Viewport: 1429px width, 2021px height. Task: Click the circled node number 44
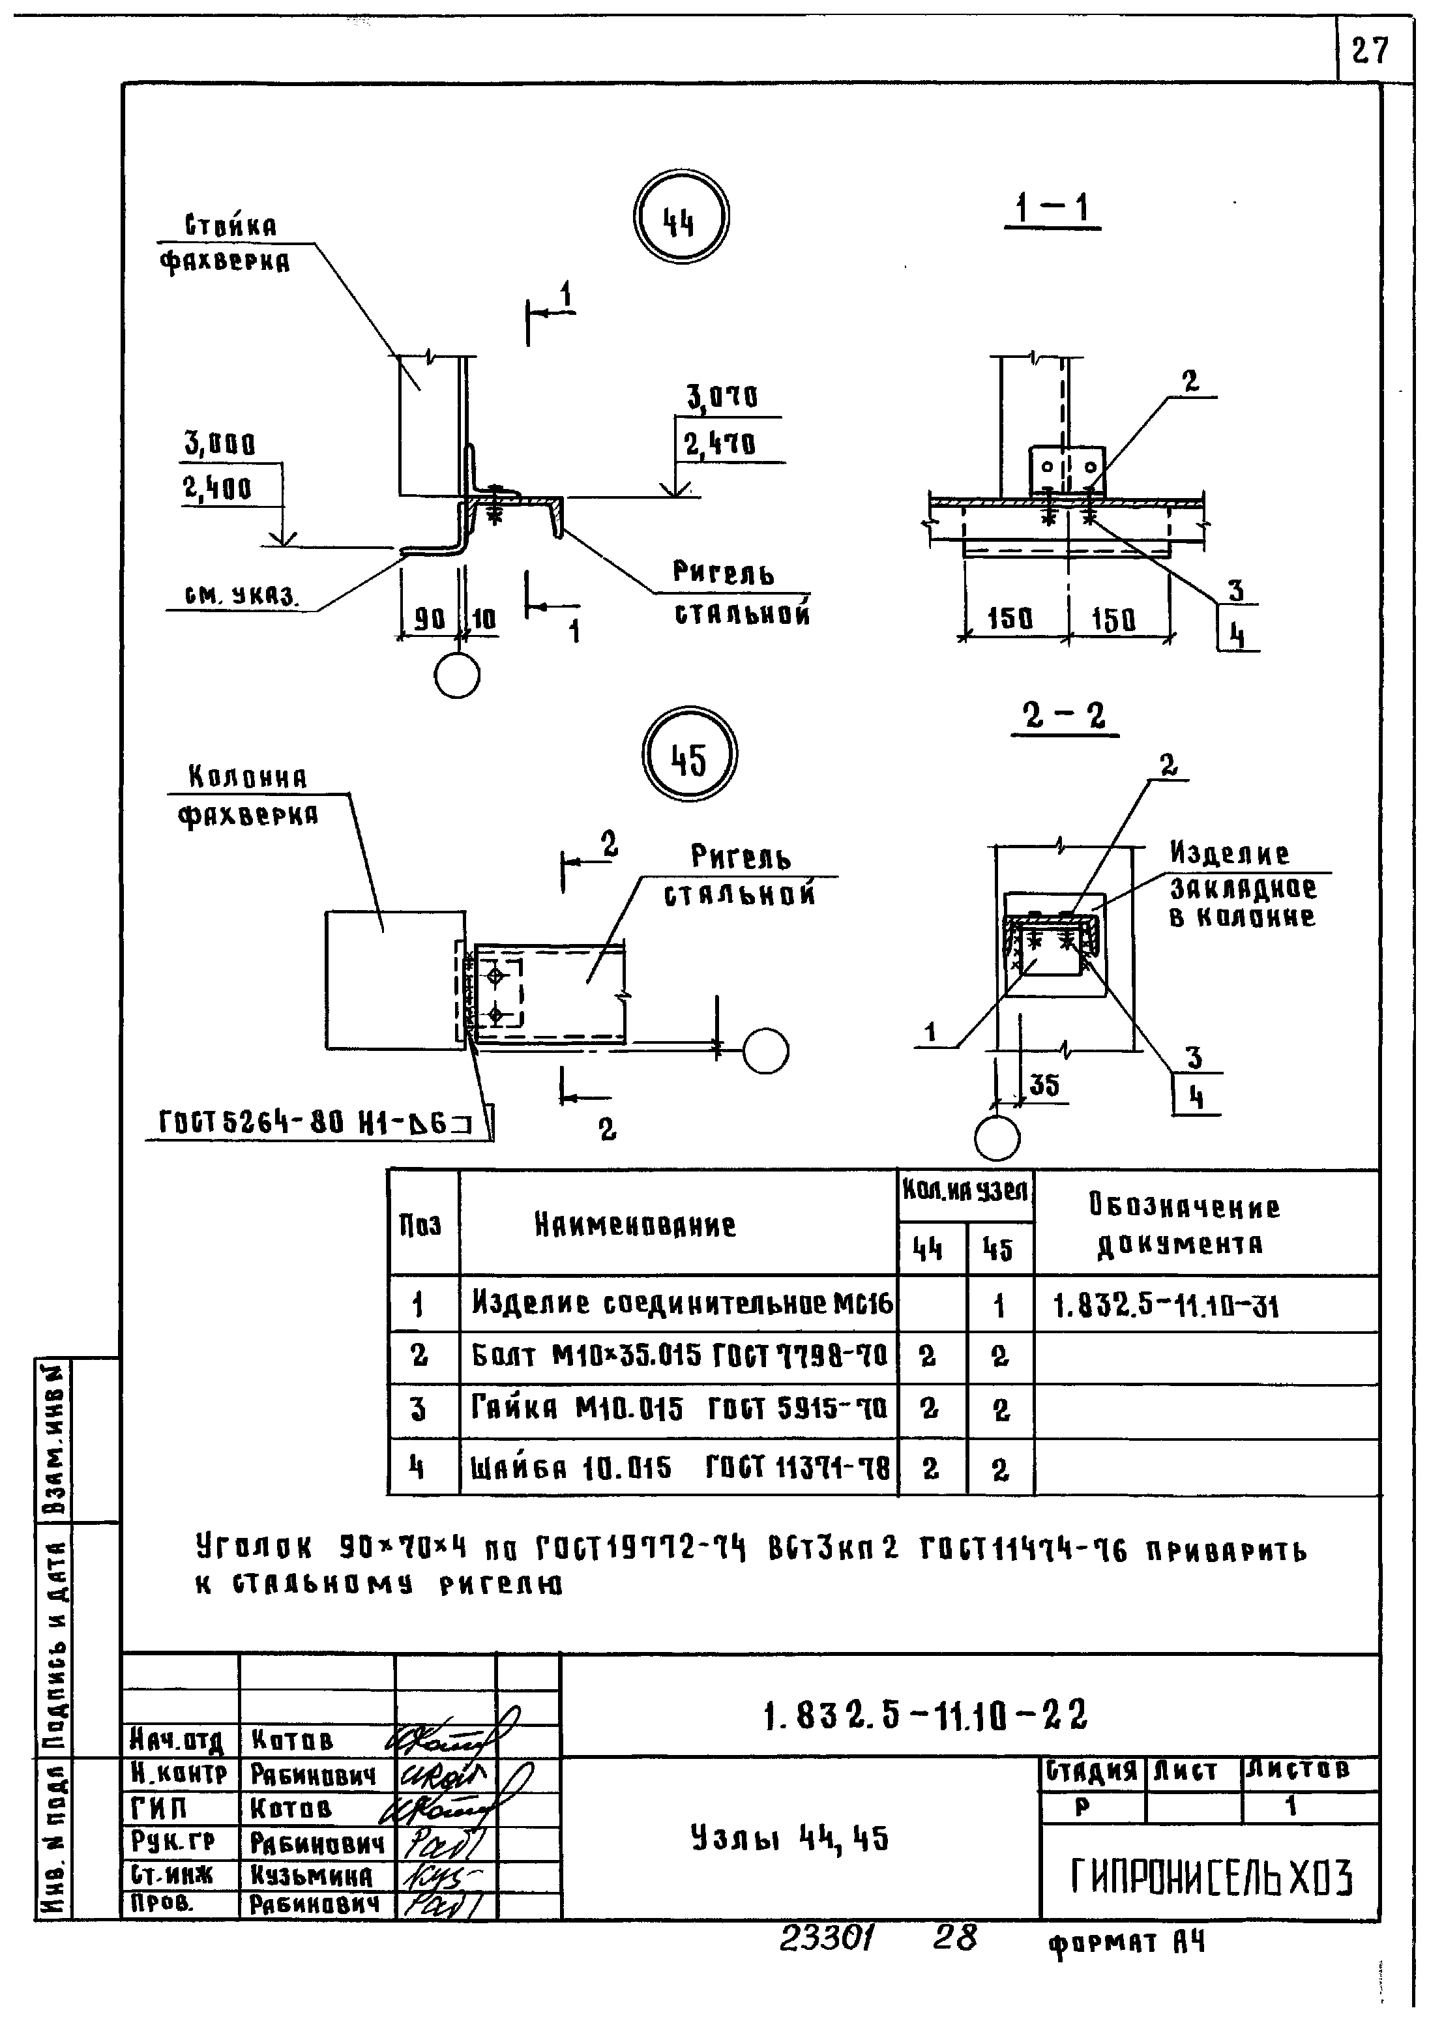pyautogui.click(x=680, y=217)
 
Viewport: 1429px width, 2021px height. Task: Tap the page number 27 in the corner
pyautogui.click(x=1370, y=50)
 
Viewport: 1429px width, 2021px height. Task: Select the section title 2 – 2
pyautogui.click(x=1064, y=716)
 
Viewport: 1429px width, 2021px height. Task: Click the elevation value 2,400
pyautogui.click(x=218, y=488)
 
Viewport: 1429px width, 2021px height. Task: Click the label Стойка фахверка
pyautogui.click(x=228, y=244)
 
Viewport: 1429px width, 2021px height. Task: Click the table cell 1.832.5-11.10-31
pyautogui.click(x=1166, y=1306)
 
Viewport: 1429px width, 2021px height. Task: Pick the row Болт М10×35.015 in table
pyautogui.click(x=678, y=1357)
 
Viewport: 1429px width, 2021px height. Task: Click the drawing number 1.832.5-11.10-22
pyautogui.click(x=924, y=1715)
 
